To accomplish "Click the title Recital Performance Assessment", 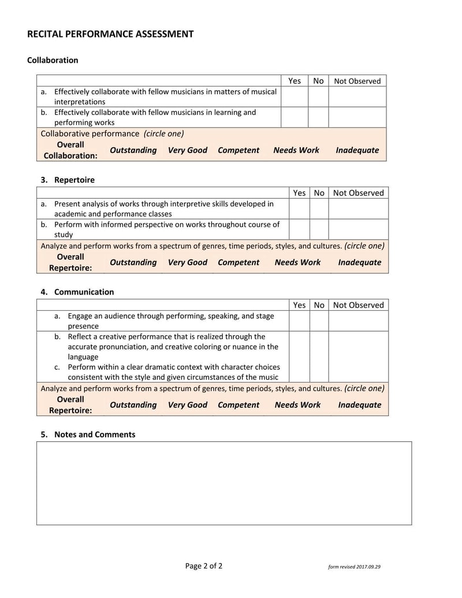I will pos(110,34).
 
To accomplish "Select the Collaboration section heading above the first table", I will pos(53,60).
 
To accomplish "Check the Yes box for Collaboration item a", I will pos(294,96).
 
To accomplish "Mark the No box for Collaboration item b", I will pos(318,117).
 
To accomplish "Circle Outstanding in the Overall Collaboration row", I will pos(133,150).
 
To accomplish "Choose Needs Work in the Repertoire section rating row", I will pos(297,262).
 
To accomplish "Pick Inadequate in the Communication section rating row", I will pos(359,405).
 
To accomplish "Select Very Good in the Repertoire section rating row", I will pos(187,262).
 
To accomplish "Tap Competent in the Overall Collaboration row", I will pos(239,150).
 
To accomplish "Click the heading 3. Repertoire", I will pos(68,180).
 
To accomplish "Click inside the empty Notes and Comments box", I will pos(224,483).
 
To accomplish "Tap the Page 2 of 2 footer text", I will pos(204,566).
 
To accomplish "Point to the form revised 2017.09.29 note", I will pos(354,567).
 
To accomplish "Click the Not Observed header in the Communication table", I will pos(358,305).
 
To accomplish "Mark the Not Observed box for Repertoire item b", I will pos(358,229).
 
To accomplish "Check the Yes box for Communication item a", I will pos(299,321).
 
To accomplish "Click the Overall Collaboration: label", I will pos(70,150).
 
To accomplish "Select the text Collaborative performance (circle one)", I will pos(112,133).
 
